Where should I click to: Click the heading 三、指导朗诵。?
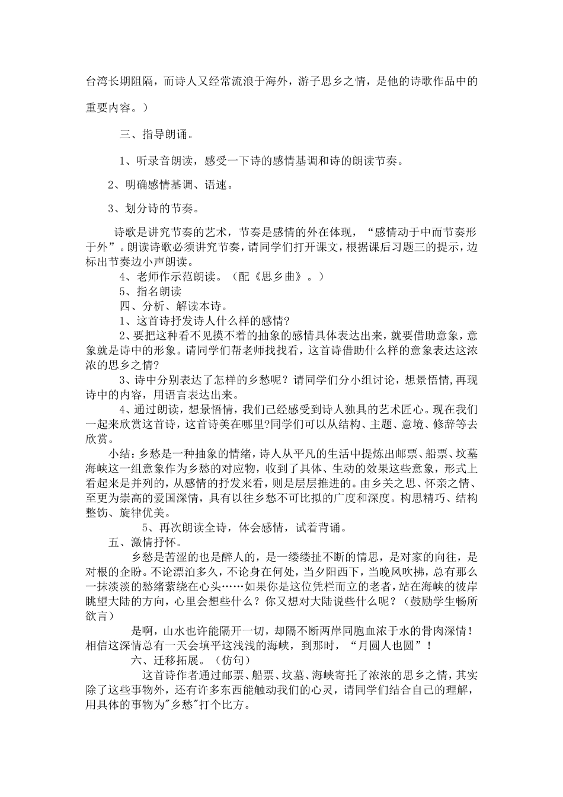click(x=156, y=135)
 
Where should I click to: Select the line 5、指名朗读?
click(x=151, y=291)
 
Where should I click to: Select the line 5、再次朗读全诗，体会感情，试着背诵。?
click(x=244, y=527)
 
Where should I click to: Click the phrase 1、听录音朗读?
click(x=154, y=161)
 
